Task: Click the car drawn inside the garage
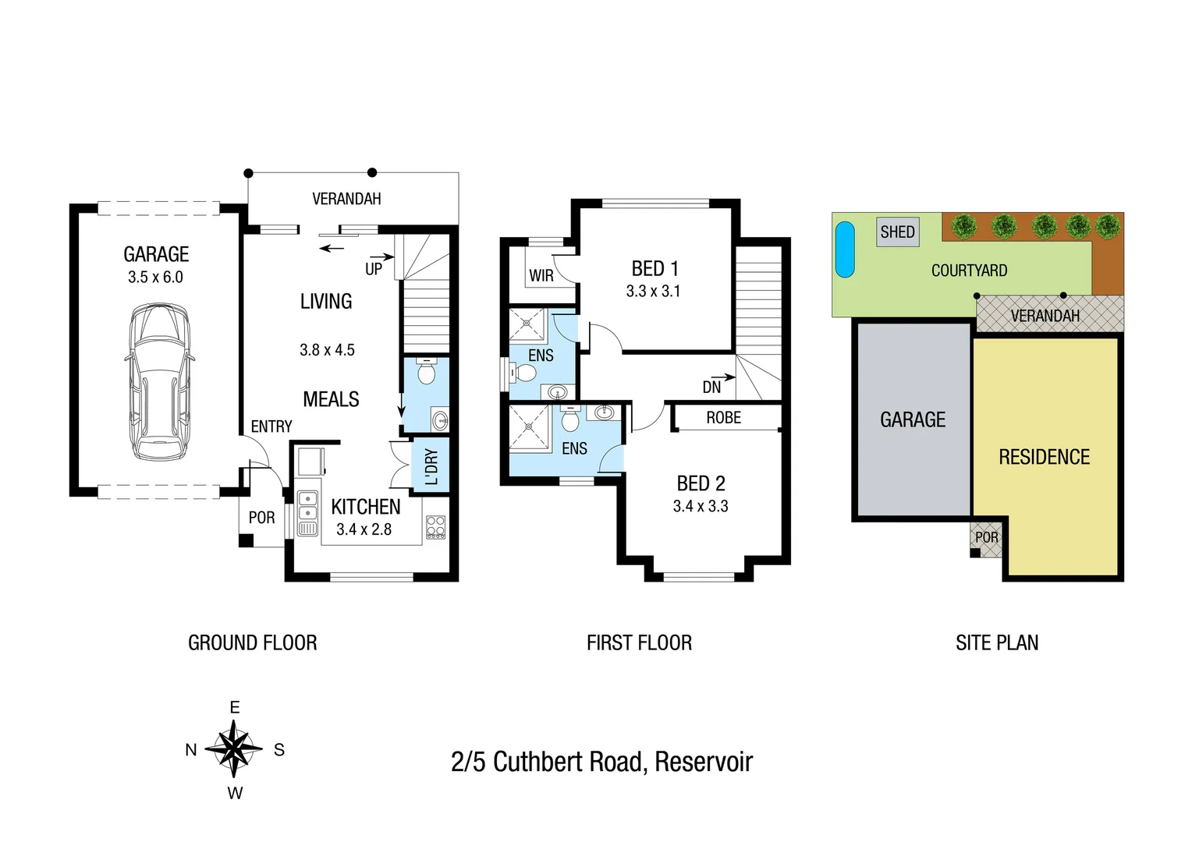[x=159, y=382]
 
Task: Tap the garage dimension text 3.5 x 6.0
[x=155, y=277]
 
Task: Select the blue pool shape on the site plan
[x=845, y=249]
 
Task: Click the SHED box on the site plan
[x=897, y=232]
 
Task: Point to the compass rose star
[x=233, y=749]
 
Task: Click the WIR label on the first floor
[x=541, y=275]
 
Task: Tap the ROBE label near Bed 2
[x=723, y=418]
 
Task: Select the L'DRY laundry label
[x=431, y=466]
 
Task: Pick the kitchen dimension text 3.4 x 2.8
[x=364, y=529]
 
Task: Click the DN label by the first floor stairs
[x=711, y=387]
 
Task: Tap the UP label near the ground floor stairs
[x=374, y=269]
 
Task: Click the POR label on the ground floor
[x=261, y=518]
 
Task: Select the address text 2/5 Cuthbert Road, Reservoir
[x=601, y=762]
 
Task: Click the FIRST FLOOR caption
[x=639, y=642]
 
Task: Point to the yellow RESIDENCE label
[x=1044, y=457]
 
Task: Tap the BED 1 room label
[x=655, y=268]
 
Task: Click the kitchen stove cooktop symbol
[x=435, y=527]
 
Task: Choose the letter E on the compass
[x=234, y=707]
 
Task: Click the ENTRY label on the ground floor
[x=271, y=426]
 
